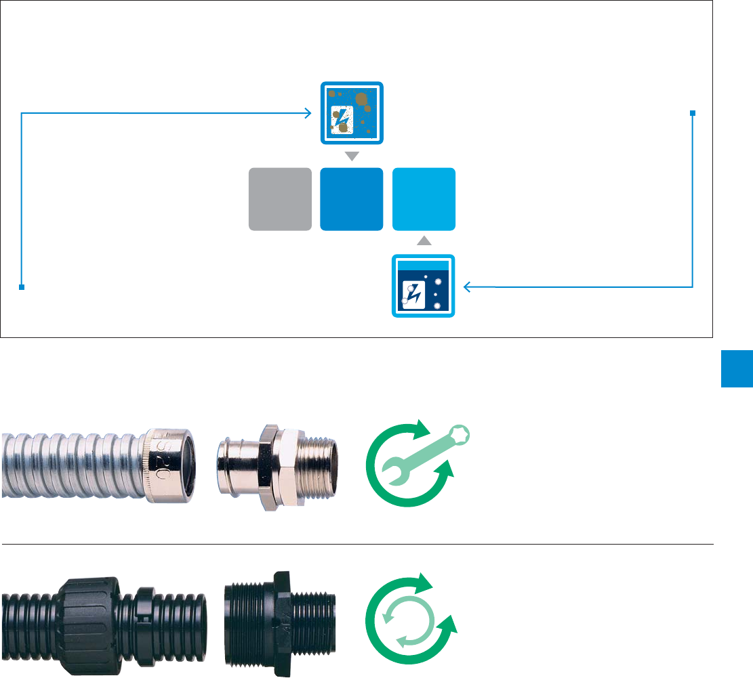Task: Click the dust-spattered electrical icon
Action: (352, 113)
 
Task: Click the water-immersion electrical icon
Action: (424, 287)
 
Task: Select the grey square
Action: (280, 199)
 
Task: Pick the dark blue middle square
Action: (352, 199)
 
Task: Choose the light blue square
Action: (424, 199)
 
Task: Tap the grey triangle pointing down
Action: (352, 156)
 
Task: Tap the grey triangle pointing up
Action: (424, 240)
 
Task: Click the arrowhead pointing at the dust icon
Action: (309, 113)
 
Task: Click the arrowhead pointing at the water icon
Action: (467, 287)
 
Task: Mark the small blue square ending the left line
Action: (22, 287)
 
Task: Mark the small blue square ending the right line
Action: (693, 113)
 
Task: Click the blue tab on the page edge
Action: (737, 368)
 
